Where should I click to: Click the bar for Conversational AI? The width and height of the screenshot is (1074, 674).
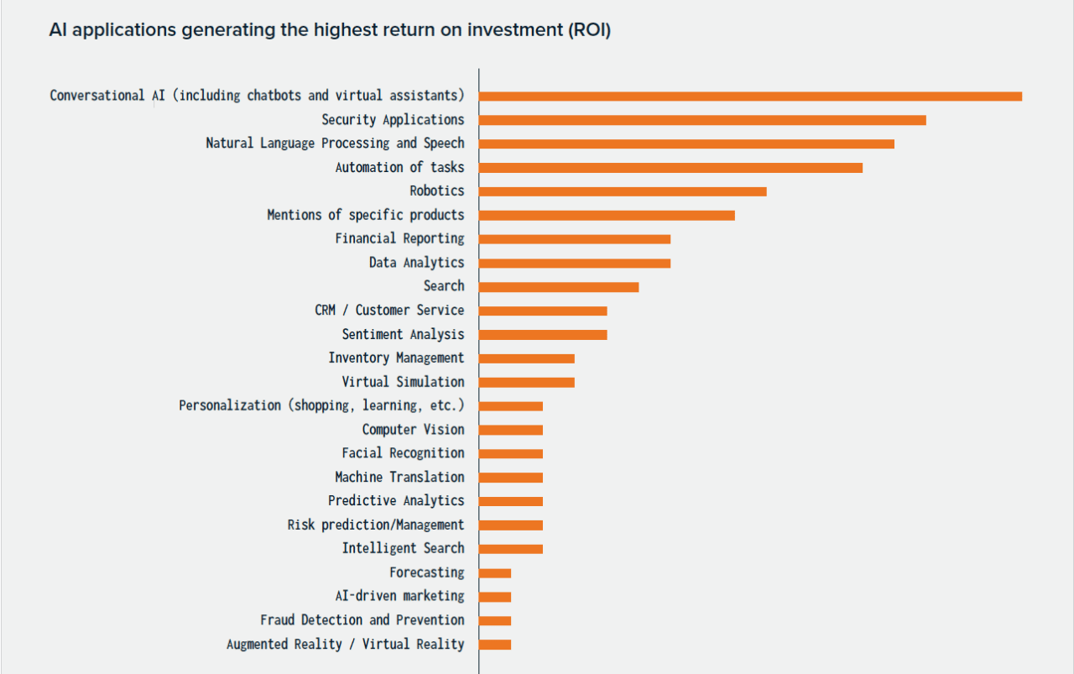750,97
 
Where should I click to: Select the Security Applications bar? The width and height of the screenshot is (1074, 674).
702,120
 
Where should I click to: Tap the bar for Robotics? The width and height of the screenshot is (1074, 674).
623,191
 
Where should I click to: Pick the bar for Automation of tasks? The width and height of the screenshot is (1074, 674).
670,168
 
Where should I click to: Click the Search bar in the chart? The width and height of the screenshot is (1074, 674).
559,287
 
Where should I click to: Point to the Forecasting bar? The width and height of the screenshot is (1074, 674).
495,573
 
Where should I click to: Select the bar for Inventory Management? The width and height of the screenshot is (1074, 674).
527,358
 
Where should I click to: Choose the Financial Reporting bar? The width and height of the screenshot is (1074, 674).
575,239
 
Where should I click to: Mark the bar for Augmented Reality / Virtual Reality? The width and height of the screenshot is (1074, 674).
495,645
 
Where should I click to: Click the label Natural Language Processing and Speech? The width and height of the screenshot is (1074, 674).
335,144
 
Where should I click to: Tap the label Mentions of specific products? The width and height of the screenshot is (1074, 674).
365,215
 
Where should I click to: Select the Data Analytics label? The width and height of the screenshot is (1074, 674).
416,263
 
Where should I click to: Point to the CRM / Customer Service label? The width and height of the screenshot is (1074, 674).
389,311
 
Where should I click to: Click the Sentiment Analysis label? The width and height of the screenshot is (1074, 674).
403,334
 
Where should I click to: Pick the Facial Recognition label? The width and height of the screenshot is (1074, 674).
403,453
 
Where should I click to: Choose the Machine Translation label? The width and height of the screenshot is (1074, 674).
399,477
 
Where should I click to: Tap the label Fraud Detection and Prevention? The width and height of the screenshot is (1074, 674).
362,620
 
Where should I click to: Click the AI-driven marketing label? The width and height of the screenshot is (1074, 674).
399,596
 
